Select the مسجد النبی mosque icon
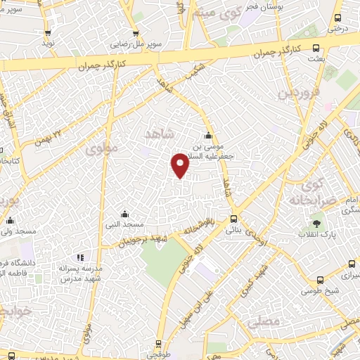[124, 214]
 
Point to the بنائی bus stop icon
[234, 219]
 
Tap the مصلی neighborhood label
[264, 321]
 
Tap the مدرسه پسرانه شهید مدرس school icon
[80, 257]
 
